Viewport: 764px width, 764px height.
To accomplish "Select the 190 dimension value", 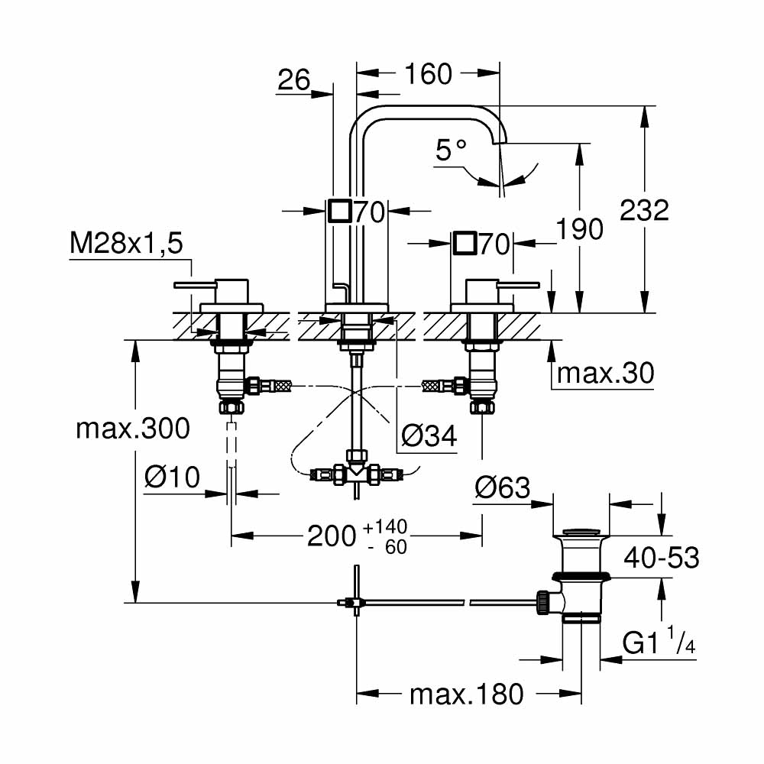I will pos(580,228).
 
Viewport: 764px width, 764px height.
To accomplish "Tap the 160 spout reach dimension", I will pos(428,74).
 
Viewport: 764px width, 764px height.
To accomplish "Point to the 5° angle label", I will pos(450,150).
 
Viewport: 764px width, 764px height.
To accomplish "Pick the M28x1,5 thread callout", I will pos(127,244).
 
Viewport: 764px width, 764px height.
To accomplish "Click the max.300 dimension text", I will pos(133,429).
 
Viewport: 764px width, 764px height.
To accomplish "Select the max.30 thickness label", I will pos(606,374).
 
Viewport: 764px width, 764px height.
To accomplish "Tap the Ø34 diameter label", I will pos(429,436).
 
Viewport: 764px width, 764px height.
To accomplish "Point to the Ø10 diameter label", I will pos(172,478).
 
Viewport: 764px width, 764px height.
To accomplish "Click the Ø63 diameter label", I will pos(502,487).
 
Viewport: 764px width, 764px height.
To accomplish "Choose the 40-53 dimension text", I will pos(662,558).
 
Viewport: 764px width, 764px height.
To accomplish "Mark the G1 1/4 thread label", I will pos(659,646).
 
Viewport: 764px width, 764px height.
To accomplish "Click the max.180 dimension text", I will pos(467,694).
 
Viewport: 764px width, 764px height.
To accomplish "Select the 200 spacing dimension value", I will pos(331,536).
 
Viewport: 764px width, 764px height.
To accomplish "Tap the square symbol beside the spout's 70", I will pos(339,210).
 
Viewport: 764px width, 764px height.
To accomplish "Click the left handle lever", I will pos(194,285).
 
